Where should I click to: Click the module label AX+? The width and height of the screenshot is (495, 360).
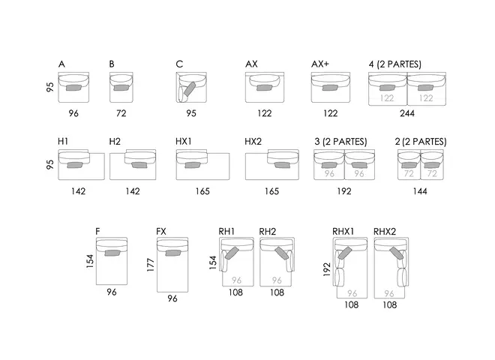click(320, 64)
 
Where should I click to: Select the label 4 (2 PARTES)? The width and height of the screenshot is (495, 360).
click(395, 64)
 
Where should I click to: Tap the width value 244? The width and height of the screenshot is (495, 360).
click(407, 113)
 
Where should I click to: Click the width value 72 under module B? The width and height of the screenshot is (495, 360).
click(121, 113)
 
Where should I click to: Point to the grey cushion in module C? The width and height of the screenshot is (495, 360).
click(190, 88)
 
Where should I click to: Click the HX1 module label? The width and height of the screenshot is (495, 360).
click(184, 142)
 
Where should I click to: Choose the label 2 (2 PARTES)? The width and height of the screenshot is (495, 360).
click(421, 142)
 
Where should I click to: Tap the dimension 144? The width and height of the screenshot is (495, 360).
click(420, 191)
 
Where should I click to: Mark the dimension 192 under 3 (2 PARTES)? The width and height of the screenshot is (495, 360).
click(344, 191)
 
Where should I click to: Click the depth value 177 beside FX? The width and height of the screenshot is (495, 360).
click(151, 265)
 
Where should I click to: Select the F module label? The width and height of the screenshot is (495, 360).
click(97, 232)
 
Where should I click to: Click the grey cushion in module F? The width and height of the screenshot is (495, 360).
click(112, 253)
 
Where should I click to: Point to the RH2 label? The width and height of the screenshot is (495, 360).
click(268, 232)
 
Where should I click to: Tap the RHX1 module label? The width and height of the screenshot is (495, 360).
click(343, 232)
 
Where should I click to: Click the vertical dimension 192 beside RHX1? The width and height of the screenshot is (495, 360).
click(327, 269)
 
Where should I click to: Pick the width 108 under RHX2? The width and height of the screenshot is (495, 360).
click(390, 304)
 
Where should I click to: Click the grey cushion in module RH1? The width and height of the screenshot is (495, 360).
click(232, 253)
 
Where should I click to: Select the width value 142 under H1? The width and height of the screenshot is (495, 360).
click(78, 191)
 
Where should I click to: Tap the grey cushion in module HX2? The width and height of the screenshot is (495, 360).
click(282, 165)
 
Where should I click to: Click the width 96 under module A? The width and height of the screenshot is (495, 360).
click(73, 113)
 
